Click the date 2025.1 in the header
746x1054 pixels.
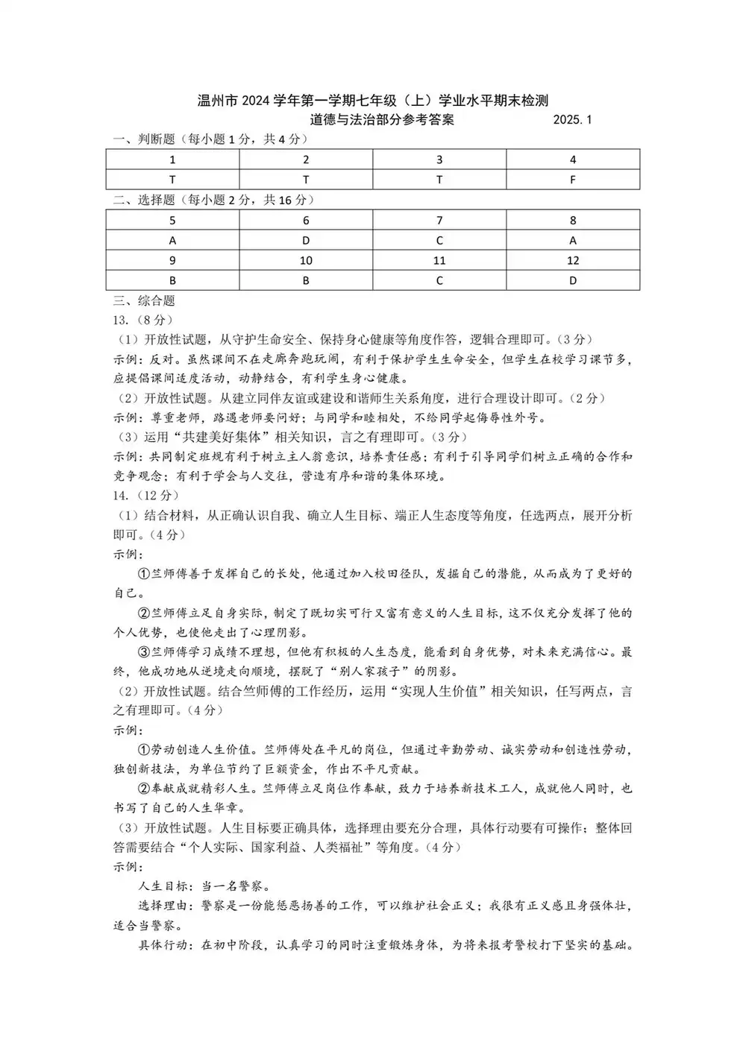(x=572, y=120)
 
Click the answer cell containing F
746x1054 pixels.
(x=573, y=180)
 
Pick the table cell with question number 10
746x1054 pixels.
(x=306, y=261)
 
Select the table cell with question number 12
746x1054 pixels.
(x=573, y=261)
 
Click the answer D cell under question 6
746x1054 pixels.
(x=306, y=241)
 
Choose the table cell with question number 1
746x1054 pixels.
(x=172, y=160)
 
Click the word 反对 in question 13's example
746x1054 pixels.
(x=162, y=360)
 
